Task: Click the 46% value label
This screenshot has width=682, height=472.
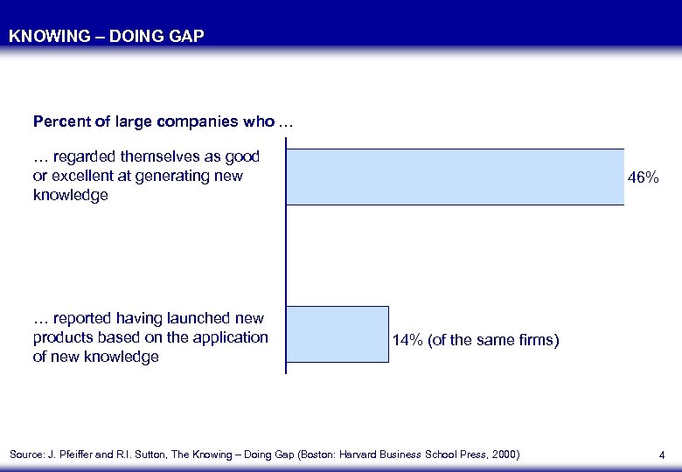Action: (x=644, y=177)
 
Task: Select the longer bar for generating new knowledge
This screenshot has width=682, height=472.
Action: (x=455, y=177)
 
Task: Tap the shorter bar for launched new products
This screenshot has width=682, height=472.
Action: (x=338, y=334)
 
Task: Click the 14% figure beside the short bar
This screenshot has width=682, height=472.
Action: (x=407, y=340)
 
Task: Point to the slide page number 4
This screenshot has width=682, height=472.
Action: (x=662, y=455)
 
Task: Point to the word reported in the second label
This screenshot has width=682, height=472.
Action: (x=84, y=318)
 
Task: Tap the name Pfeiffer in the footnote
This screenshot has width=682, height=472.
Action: (x=86, y=455)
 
